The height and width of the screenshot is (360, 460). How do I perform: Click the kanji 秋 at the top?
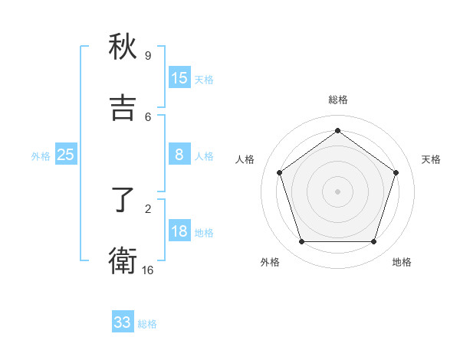(x=123, y=47)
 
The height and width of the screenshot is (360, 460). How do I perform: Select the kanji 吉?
(x=123, y=108)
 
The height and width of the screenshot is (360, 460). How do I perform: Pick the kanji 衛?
(x=123, y=261)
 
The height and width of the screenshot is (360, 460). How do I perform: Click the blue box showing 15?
(x=179, y=77)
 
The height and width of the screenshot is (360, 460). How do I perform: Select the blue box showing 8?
(x=179, y=155)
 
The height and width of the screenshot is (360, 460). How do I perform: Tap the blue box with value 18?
(x=179, y=232)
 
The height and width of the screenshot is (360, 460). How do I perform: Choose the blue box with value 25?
(x=65, y=155)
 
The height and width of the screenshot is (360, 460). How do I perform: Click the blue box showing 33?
(x=123, y=322)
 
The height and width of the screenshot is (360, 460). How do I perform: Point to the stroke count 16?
(x=148, y=270)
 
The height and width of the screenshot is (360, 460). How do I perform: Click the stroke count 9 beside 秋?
(x=148, y=56)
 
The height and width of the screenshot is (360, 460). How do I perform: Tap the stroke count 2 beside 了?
(x=148, y=208)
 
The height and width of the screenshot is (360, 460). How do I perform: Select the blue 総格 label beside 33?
(x=147, y=324)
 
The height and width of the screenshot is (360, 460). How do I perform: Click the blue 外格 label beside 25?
(x=41, y=156)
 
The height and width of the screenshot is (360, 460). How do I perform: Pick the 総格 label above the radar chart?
(x=337, y=100)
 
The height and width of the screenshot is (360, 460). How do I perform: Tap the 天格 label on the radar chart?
(x=431, y=159)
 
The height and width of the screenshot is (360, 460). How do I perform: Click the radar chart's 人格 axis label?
(x=245, y=159)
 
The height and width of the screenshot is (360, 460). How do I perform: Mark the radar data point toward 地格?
(x=373, y=242)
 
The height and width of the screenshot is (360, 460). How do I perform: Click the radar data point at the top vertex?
(x=337, y=130)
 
